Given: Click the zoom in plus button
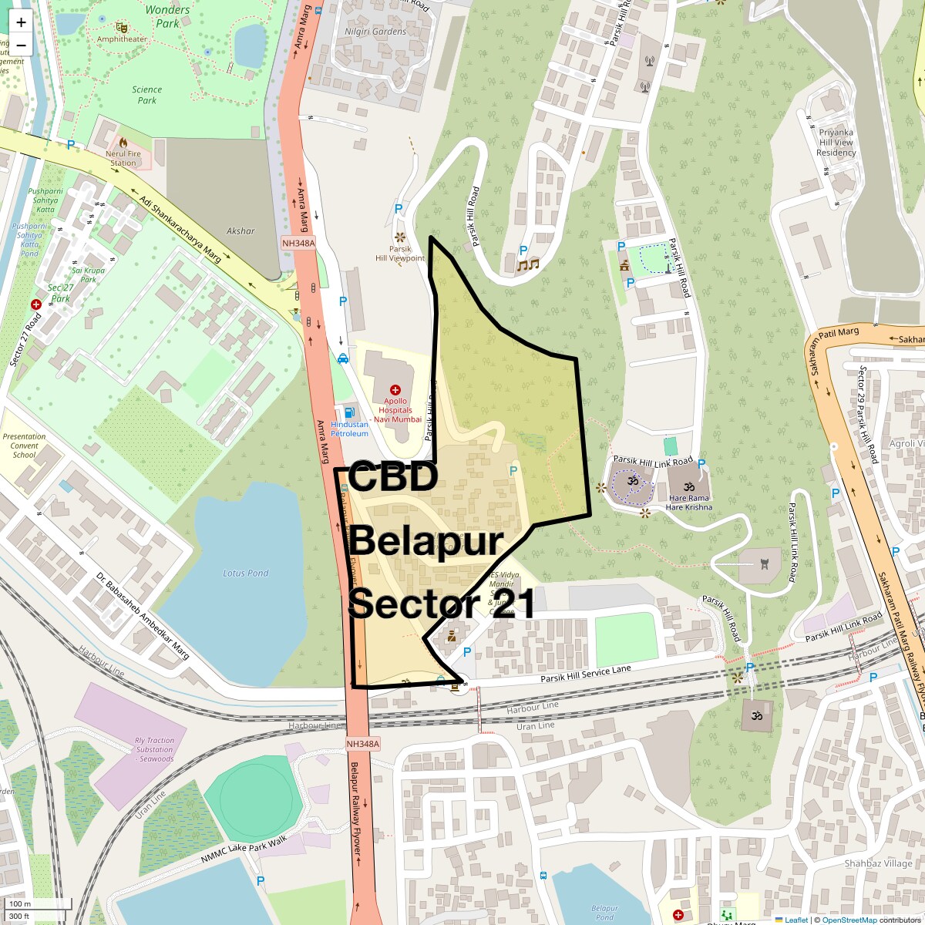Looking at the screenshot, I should pos(21,22).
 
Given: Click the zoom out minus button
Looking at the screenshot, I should pos(21,45).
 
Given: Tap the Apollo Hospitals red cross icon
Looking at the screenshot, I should pos(395,390).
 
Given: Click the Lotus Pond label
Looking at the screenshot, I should pos(246,573).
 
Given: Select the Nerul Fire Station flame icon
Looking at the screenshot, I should pos(123,142).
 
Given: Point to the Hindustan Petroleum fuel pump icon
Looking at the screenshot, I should pos(350,413).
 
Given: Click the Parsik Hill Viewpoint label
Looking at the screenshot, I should pos(399,254).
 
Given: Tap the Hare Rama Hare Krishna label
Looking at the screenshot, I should pos(689,503).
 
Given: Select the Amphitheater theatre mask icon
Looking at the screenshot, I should pos(121,28).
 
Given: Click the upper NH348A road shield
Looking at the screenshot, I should pos(298,244).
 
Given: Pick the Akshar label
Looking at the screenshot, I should pos(240,230).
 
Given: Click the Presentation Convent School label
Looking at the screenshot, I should pos(24,446).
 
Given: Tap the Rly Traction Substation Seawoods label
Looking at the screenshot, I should pos(154,749).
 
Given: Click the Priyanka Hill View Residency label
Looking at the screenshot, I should pos(836,143).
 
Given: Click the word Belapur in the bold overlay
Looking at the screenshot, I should pos(427,543).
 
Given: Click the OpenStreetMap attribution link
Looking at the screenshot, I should pos(849,920).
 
